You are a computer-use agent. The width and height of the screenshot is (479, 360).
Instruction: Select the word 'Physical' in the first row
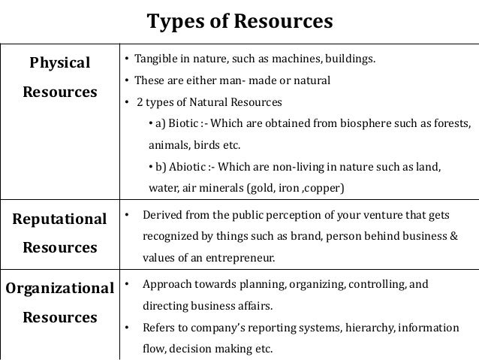(x=59, y=63)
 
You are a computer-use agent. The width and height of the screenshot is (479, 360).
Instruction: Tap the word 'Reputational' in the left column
(x=59, y=219)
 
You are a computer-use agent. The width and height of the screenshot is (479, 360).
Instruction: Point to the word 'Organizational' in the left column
(x=59, y=289)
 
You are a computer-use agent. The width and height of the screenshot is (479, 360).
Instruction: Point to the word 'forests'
(x=450, y=123)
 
